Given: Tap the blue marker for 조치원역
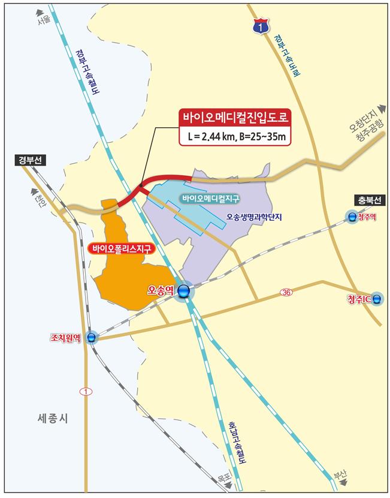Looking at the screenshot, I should pyautogui.click(x=92, y=338).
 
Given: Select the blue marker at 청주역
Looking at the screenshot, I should pyautogui.click(x=350, y=217).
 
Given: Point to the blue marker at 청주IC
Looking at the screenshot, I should pyautogui.click(x=376, y=299).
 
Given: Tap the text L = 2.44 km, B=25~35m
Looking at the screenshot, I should pyautogui.click(x=234, y=137).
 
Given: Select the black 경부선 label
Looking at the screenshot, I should pyautogui.click(x=30, y=160).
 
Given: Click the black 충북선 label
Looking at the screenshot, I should pyautogui.click(x=367, y=200).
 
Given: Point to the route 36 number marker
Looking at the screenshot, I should pyautogui.click(x=286, y=292).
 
